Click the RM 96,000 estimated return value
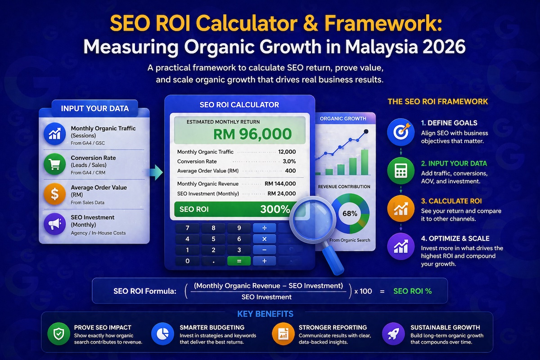pyautogui.click(x=252, y=134)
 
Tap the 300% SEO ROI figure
pyautogui.click(x=275, y=209)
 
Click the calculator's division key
pyautogui.click(x=265, y=228)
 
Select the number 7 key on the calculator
pyautogui.click(x=187, y=228)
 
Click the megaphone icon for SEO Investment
pyautogui.click(x=55, y=224)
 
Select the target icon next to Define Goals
pyautogui.click(x=400, y=132)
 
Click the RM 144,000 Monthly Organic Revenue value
pyautogui.click(x=280, y=184)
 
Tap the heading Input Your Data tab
pyautogui.click(x=94, y=108)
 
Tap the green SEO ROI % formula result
pyautogui.click(x=412, y=291)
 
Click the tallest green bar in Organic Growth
pyautogui.click(x=364, y=162)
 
